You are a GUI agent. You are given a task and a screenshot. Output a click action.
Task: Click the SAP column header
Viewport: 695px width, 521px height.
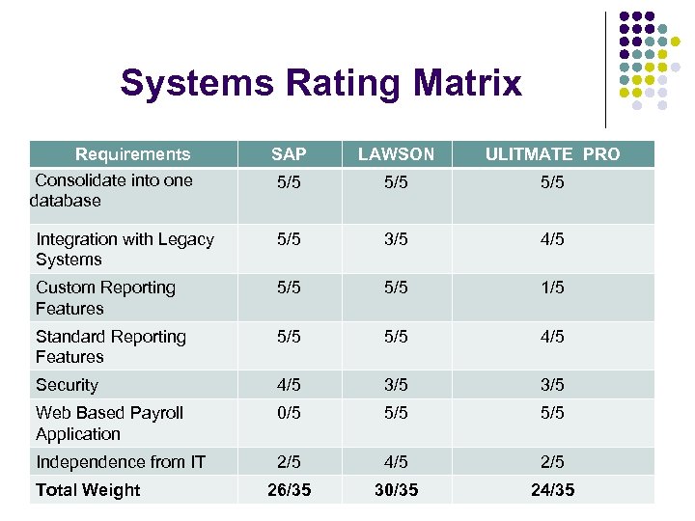289,154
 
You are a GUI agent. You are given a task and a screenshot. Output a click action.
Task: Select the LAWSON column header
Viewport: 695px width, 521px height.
396,154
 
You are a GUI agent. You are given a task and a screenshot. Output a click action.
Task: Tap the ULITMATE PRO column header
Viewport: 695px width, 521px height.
552,154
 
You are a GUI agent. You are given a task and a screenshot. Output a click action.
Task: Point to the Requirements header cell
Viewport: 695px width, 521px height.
132,154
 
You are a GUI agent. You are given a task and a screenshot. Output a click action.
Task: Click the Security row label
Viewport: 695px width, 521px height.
67,385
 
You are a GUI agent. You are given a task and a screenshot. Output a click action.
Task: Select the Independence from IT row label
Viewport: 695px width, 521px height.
120,462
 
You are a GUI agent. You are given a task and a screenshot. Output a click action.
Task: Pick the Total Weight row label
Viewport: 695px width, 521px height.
88,490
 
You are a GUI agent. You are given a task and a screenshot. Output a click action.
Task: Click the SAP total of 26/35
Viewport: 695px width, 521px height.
289,490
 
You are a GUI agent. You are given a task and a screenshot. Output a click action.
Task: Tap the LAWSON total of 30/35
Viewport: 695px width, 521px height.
396,490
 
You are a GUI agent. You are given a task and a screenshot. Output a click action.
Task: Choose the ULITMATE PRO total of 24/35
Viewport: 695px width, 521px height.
552,490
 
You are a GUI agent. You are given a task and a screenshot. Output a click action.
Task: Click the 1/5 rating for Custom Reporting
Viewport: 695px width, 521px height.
552,288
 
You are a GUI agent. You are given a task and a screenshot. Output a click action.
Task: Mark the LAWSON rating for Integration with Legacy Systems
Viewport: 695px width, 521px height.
396,239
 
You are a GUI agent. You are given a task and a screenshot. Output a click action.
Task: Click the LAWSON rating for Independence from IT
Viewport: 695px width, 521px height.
396,462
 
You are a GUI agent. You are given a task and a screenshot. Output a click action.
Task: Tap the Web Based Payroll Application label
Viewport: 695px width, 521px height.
109,424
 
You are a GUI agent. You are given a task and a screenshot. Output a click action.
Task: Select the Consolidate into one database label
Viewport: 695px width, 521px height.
111,190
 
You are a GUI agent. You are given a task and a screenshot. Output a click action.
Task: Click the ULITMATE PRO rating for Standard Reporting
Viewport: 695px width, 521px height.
552,337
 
